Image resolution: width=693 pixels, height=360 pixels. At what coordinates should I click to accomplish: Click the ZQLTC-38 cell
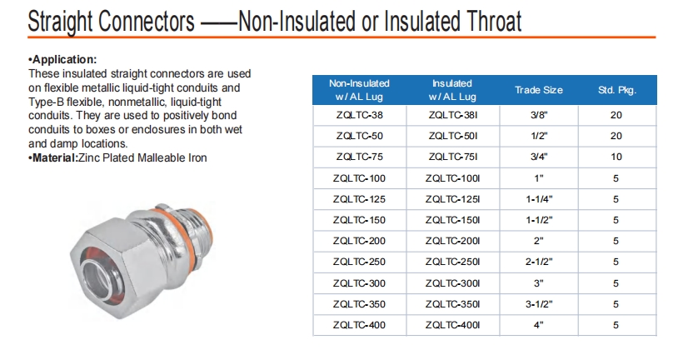tap(359, 115)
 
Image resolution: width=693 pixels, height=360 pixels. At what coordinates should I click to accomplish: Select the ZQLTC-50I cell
tap(452, 136)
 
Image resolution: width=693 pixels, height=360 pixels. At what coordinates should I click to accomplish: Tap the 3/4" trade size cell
tap(539, 157)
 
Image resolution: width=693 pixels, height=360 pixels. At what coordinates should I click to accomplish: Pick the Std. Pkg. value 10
tap(616, 157)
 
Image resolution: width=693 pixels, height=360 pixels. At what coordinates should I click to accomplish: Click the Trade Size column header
tap(539, 90)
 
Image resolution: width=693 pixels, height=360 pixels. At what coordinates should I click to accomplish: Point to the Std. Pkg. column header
tap(617, 90)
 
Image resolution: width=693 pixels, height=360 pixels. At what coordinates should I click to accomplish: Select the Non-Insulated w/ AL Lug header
tap(359, 90)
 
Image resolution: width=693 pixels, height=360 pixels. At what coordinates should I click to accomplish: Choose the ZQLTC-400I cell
tap(452, 325)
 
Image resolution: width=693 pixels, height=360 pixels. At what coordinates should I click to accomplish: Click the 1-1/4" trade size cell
tap(539, 199)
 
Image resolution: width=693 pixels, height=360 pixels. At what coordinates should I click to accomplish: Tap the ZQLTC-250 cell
tap(359, 262)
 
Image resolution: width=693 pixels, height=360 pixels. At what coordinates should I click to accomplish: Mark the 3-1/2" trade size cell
tap(539, 304)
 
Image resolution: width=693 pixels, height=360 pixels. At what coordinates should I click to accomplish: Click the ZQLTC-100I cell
tap(452, 178)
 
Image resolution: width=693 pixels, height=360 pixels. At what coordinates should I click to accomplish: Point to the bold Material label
tap(53, 157)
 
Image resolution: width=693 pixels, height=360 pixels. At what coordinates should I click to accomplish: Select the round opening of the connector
tap(99, 279)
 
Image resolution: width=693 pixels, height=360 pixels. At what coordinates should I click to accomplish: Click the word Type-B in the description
tap(47, 102)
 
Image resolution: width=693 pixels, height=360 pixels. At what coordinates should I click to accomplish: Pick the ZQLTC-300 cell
tap(359, 283)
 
